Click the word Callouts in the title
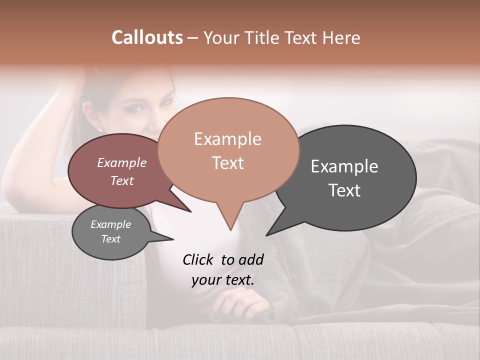(147, 37)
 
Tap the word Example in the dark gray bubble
(344, 166)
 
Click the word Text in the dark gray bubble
(344, 190)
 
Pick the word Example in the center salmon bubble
(227, 139)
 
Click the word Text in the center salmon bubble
(227, 163)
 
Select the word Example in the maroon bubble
(121, 163)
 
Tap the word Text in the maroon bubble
(121, 180)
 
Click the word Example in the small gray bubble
(110, 224)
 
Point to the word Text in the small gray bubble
(110, 239)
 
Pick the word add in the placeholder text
(251, 259)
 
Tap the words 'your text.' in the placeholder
(222, 280)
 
